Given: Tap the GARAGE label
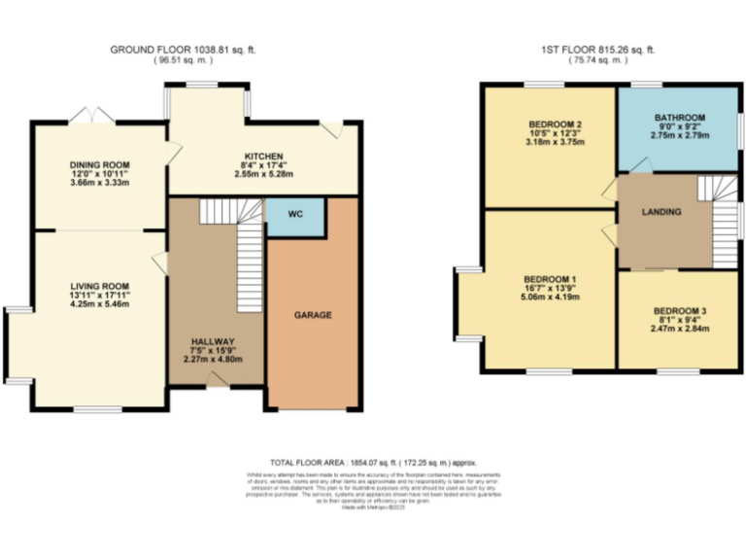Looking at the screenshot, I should click(x=313, y=315).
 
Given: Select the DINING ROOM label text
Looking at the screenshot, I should click(x=99, y=165).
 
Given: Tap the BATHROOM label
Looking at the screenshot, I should click(x=679, y=118).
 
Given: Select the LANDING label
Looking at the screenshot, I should click(x=661, y=211).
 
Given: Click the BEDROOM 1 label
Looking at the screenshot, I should click(x=549, y=276).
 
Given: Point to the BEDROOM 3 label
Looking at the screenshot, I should click(x=679, y=311).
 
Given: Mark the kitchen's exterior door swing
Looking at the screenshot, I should click(x=332, y=128).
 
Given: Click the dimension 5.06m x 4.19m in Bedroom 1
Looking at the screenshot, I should click(x=549, y=297).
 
